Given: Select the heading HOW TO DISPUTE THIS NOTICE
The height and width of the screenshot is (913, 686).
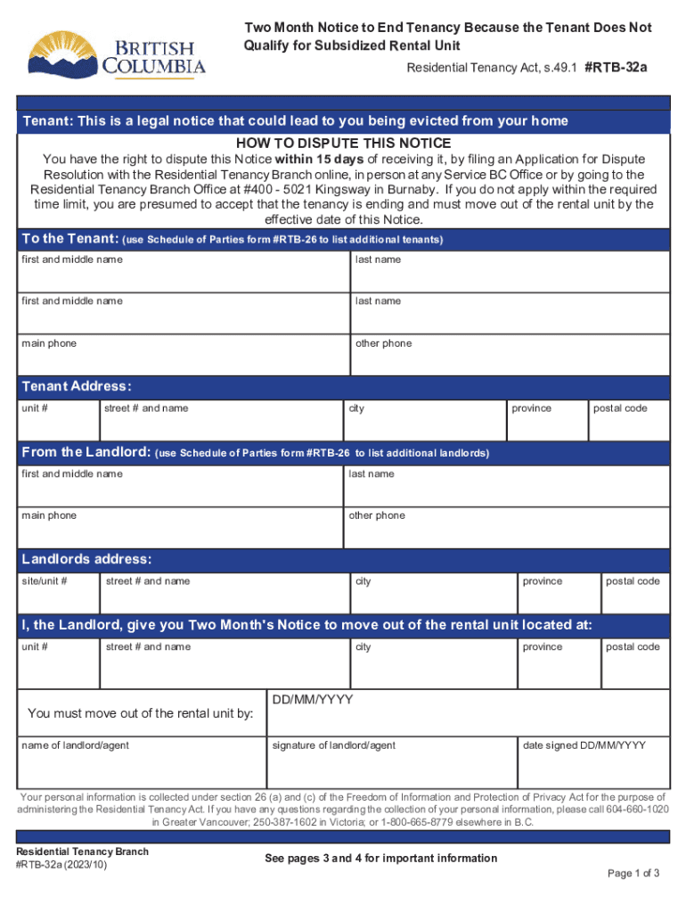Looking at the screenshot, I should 343,144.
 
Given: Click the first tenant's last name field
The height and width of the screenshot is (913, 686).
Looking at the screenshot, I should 510,273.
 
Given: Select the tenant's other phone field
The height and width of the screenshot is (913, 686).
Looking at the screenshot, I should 510,356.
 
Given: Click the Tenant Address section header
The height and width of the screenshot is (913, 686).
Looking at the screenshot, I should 77,387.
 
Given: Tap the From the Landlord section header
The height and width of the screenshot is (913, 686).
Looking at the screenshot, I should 86,452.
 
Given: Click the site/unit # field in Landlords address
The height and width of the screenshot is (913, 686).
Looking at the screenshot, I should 57,594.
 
